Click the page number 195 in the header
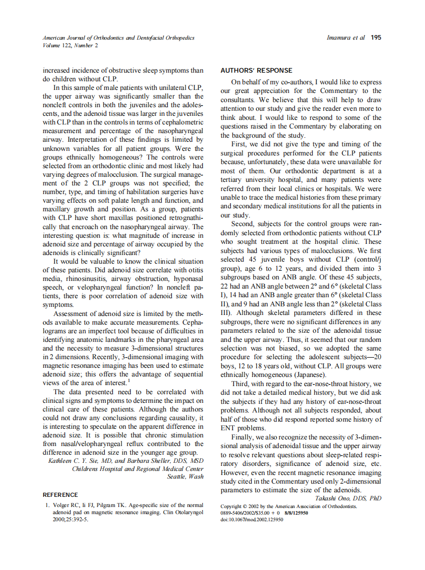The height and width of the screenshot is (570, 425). tap(376, 38)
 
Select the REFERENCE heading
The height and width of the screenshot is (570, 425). tap(60, 494)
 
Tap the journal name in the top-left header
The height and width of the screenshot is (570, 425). tap(110, 38)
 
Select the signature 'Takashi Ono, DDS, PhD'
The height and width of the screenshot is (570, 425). tap(348, 498)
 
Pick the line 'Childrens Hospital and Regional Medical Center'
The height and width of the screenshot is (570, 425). tap(138, 468)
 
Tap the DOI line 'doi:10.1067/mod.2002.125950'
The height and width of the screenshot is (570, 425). tap(252, 520)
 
